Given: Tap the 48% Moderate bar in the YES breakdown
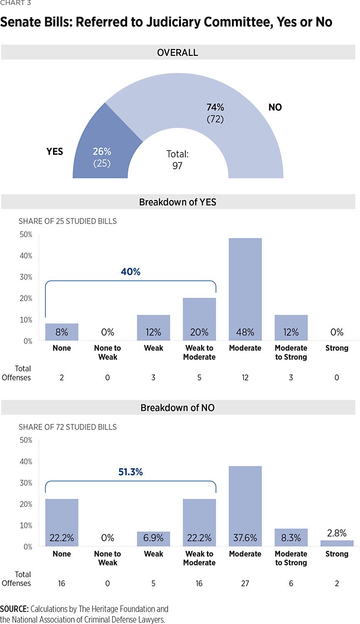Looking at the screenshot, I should [245, 289].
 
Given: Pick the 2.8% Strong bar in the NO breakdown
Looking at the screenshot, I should [337, 543].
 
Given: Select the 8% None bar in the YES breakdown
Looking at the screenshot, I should [62, 332].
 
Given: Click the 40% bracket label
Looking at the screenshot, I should [130, 272].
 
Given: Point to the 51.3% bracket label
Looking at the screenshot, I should [130, 472].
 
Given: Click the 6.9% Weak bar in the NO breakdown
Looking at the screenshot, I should [153, 539].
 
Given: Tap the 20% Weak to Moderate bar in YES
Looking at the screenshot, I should [199, 319].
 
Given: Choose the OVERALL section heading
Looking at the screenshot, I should [178, 52].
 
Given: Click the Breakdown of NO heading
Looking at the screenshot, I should [178, 408].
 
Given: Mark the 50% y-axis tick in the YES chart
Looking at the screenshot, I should [26, 235].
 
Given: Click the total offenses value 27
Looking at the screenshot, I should [245, 583].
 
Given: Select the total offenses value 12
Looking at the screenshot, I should [245, 377].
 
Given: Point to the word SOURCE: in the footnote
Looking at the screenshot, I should [14, 609].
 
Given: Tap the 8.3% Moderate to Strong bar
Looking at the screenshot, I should [291, 537].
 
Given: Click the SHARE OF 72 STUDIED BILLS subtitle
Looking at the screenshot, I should [68, 427].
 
